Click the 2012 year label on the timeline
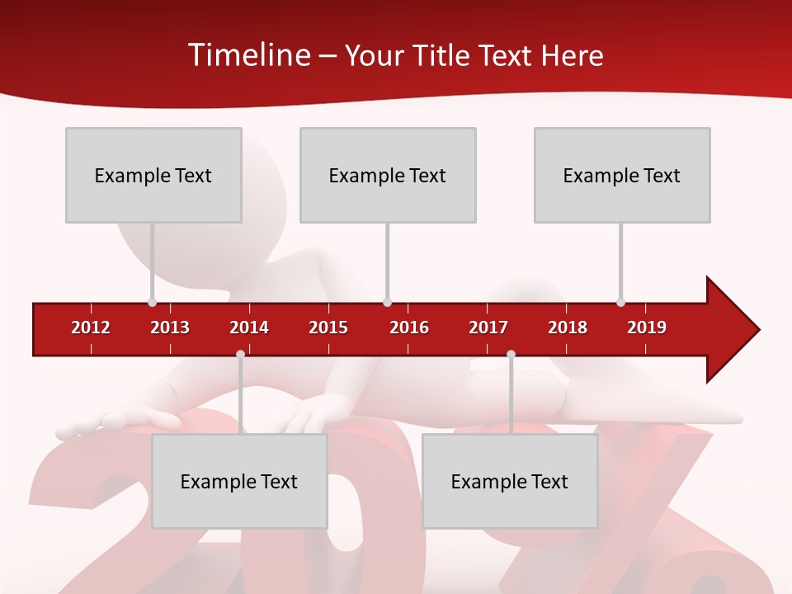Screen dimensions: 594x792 point(91,328)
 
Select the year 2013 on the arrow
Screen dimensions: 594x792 point(170,328)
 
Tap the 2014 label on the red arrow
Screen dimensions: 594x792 point(249,328)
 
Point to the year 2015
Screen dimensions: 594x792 point(328,328)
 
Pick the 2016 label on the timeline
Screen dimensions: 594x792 point(409,328)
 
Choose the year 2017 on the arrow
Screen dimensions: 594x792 point(488,328)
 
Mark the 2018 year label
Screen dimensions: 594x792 point(568,328)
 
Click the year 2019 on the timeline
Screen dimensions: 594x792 point(647,328)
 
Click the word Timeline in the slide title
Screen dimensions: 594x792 point(248,55)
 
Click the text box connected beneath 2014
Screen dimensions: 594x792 point(239,481)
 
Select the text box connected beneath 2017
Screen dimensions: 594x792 point(510,481)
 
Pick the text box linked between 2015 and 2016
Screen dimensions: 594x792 point(388,175)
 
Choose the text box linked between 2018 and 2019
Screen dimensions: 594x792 point(622,175)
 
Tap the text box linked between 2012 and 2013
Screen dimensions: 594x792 point(153,175)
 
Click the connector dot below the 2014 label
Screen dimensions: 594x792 point(240,354)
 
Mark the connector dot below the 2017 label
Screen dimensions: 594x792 point(511,354)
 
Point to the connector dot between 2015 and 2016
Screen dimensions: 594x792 point(387,303)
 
